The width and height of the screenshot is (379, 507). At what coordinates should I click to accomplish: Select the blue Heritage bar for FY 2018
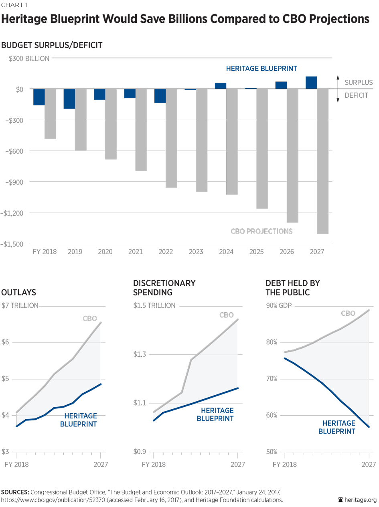pos(39,97)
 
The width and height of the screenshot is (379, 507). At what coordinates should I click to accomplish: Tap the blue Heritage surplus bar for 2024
pos(221,86)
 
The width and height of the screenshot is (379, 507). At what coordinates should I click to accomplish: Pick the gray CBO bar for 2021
pos(141,130)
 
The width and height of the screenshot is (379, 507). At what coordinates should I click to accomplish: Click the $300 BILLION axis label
pos(29,59)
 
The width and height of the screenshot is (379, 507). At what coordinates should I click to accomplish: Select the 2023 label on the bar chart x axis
pos(196,252)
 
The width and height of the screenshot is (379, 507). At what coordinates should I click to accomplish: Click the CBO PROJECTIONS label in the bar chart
pos(261,231)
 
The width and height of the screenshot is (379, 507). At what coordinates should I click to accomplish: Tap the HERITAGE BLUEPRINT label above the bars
pos(261,69)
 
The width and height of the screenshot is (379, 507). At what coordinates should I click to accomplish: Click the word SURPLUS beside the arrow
pos(359,83)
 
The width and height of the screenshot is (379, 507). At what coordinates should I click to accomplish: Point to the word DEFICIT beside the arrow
pos(357,95)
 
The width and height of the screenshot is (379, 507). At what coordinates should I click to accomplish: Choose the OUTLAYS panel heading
pos(19,293)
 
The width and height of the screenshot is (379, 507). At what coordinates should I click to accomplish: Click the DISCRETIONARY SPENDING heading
pos(164,288)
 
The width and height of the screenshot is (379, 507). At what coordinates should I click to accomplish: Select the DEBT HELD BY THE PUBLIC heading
pos(293,288)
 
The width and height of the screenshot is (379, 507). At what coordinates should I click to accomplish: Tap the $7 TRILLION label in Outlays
pos(20,306)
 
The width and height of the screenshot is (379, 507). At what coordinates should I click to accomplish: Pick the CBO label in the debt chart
pos(348,313)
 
